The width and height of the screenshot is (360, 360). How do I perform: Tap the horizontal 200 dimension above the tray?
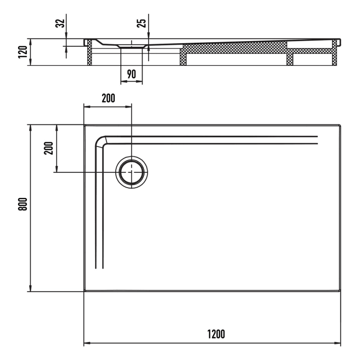click(x=108, y=98)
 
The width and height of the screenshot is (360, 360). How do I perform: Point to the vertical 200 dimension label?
click(x=49, y=148)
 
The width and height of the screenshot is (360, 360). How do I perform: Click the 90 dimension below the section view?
click(x=131, y=74)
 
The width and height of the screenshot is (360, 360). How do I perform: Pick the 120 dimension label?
click(x=22, y=52)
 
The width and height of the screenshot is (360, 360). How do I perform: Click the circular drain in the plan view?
click(x=132, y=172)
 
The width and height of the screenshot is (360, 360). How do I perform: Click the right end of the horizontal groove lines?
click(x=317, y=140)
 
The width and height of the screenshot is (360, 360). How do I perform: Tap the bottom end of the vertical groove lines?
click(x=99, y=267)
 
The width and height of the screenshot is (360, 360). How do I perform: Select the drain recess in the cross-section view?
click(x=132, y=46)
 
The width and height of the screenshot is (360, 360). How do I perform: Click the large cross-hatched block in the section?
click(x=234, y=49)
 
